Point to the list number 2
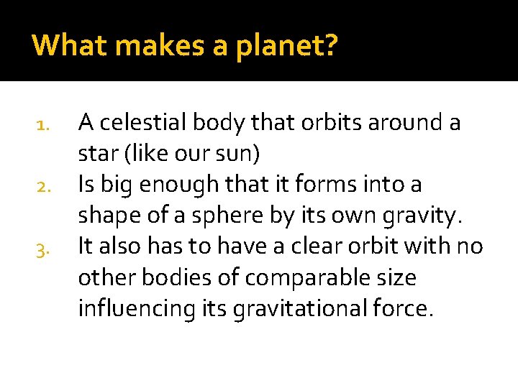pos(41,188)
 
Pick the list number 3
pos(41,249)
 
